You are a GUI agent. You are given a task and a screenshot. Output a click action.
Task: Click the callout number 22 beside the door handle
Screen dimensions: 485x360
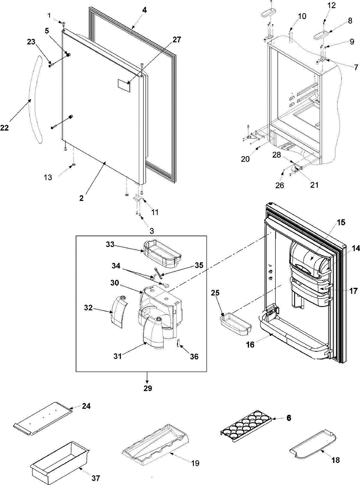click(x=4, y=128)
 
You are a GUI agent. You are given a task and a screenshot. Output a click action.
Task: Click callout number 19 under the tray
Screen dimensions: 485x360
click(x=195, y=463)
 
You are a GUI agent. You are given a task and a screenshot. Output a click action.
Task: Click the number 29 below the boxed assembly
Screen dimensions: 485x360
click(x=148, y=388)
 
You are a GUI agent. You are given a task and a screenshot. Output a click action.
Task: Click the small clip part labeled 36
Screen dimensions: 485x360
click(x=178, y=343)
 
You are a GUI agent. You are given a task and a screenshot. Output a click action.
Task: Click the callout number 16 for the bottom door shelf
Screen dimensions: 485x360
click(x=250, y=345)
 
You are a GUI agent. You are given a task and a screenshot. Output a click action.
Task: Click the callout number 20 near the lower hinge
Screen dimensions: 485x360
click(x=245, y=159)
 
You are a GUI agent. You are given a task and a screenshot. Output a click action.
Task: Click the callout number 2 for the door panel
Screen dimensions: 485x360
click(x=81, y=190)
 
